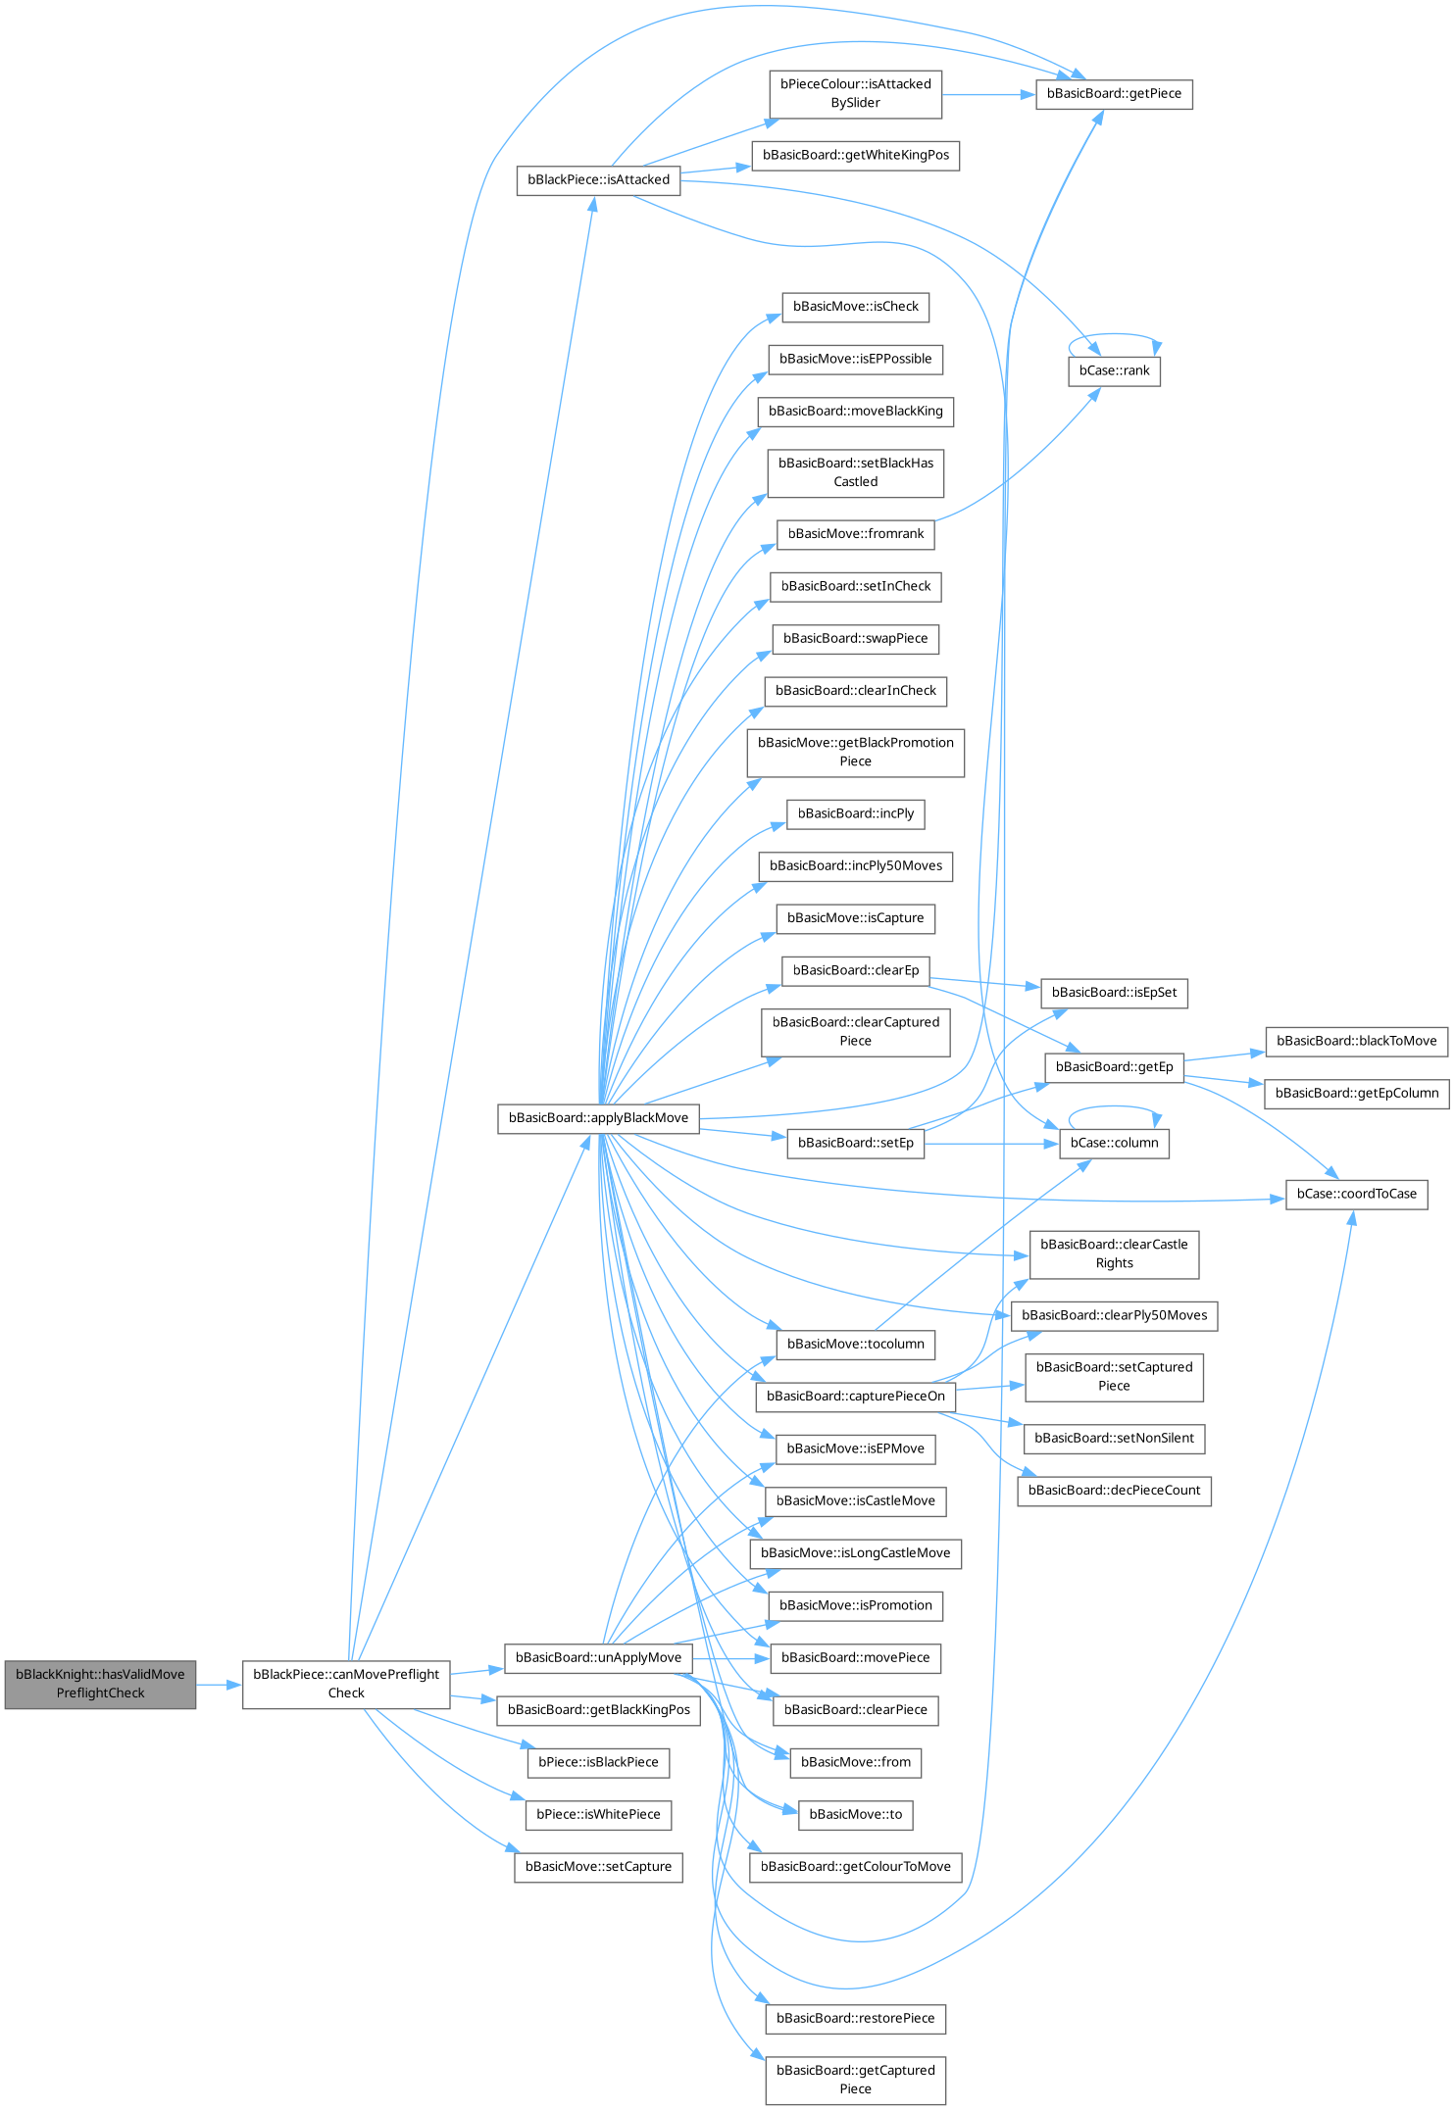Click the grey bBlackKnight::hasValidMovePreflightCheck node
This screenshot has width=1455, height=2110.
pyautogui.click(x=100, y=1684)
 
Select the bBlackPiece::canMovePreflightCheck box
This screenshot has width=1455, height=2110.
pyautogui.click(x=346, y=1684)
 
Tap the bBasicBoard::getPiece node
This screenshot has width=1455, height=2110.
pyautogui.click(x=1114, y=94)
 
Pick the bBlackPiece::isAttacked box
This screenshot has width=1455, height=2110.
pyautogui.click(x=598, y=180)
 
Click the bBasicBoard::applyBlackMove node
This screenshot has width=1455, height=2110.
pyautogui.click(x=598, y=1118)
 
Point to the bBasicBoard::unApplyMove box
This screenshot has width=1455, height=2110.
pyautogui.click(x=598, y=1657)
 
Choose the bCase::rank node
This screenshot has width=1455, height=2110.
pyautogui.click(x=1114, y=371)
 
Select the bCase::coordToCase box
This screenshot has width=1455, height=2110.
pyautogui.click(x=1356, y=1194)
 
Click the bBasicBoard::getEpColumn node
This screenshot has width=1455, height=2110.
pyautogui.click(x=1356, y=1094)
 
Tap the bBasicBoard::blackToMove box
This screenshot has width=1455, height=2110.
pyautogui.click(x=1356, y=1041)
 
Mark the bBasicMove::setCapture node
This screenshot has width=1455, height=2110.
pyautogui.click(x=598, y=1867)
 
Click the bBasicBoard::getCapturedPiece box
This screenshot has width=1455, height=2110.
pyautogui.click(x=855, y=2080)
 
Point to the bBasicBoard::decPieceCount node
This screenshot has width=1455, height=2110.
pyautogui.click(x=1114, y=1491)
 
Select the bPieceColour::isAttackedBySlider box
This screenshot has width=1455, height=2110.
pyautogui.click(x=855, y=94)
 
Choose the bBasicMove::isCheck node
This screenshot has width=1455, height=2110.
pyautogui.click(x=855, y=307)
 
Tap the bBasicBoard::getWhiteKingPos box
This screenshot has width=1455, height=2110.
pyautogui.click(x=855, y=156)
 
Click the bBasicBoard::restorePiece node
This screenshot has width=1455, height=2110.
pyautogui.click(x=855, y=2019)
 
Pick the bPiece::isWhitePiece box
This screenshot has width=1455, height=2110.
pyautogui.click(x=598, y=1815)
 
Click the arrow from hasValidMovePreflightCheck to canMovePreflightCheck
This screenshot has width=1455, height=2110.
pyautogui.click(x=219, y=1685)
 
